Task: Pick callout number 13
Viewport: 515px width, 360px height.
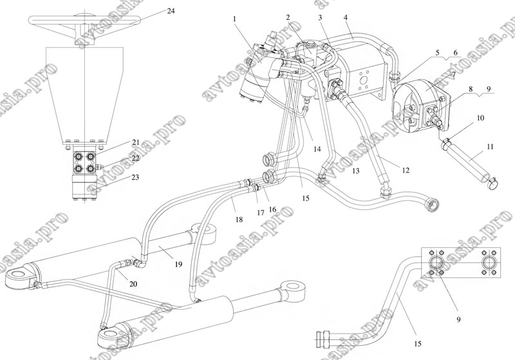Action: point(354,171)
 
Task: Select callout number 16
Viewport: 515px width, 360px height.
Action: point(272,210)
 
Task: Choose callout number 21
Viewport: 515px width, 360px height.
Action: point(136,142)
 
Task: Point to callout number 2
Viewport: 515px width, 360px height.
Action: point(288,17)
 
